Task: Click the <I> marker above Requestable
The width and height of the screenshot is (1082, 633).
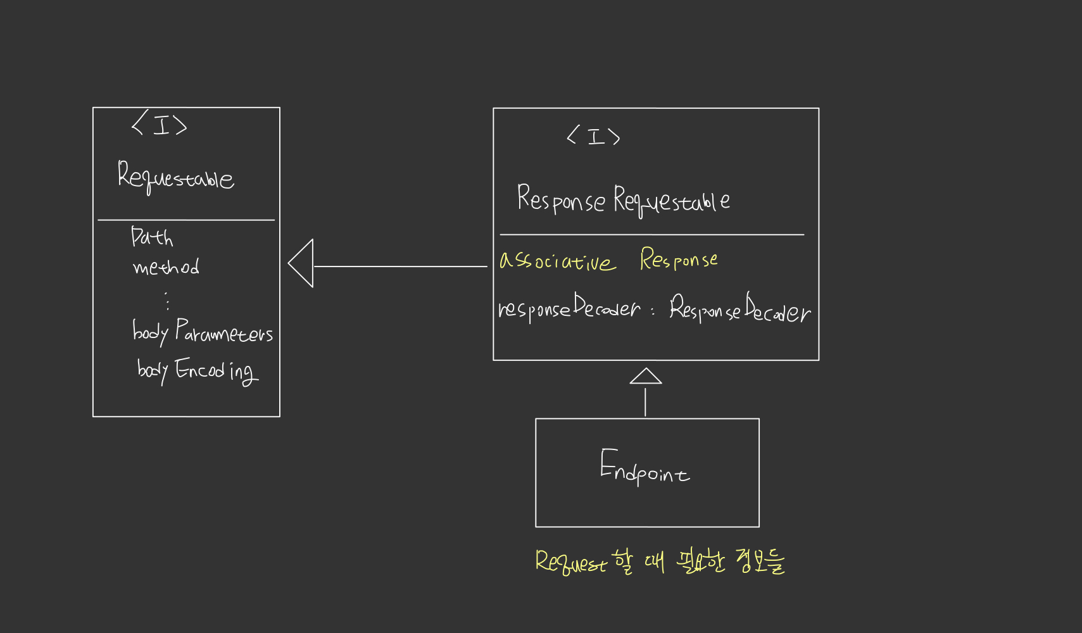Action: [160, 125]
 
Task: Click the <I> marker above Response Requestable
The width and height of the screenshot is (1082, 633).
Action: [594, 136]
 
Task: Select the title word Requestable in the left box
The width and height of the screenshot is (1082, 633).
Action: [175, 177]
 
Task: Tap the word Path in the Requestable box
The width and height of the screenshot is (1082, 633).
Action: [152, 237]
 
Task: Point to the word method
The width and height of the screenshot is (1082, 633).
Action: [166, 267]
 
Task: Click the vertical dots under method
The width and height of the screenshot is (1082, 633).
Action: [167, 301]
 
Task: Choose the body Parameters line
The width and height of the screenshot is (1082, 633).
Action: [203, 332]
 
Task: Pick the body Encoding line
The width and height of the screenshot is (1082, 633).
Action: [198, 370]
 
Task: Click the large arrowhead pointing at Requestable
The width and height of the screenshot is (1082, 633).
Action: [301, 263]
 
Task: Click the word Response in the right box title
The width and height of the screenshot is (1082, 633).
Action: [561, 199]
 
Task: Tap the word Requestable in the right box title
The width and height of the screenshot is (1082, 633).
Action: [671, 201]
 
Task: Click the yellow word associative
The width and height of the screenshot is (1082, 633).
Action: [557, 261]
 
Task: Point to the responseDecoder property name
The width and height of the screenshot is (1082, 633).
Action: [569, 308]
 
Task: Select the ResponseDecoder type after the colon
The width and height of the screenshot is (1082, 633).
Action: [739, 310]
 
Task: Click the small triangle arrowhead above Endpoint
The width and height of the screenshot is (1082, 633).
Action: [645, 377]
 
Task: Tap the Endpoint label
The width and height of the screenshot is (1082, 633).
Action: [645, 467]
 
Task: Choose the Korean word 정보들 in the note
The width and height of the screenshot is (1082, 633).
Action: [760, 561]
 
